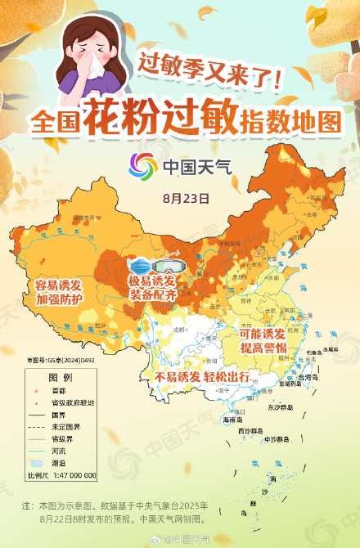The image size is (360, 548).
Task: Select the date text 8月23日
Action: coord(186,197)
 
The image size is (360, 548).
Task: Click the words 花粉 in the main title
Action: coord(122,120)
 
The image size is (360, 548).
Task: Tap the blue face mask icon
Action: coord(141,267)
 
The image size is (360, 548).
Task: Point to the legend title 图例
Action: coord(61,377)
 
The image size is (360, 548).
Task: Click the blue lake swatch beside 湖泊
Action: coord(37,462)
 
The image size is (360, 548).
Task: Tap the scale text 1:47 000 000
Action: coord(72,475)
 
